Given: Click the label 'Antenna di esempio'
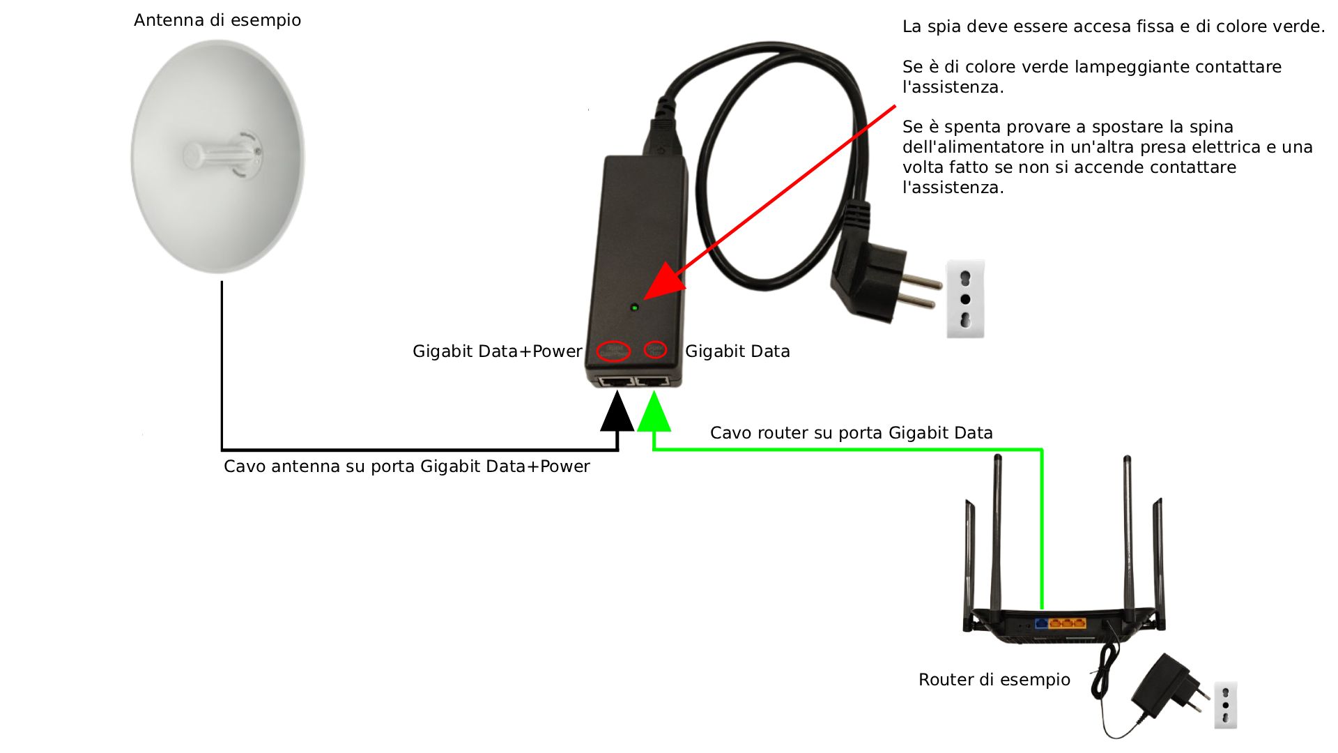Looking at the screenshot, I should (x=217, y=20).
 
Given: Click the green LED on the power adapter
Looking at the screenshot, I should (x=634, y=307).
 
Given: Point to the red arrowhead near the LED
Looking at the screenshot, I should (x=662, y=282).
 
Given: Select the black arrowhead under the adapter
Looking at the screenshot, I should (x=617, y=413).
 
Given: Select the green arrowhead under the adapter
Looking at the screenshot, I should (x=654, y=413).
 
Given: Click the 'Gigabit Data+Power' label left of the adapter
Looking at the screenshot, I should (x=497, y=351).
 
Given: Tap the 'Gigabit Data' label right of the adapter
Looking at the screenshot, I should (x=737, y=351).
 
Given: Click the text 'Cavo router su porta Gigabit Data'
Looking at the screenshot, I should (x=851, y=433).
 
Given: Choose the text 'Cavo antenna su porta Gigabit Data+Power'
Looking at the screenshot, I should (x=406, y=466).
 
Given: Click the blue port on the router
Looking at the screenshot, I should (x=1042, y=623).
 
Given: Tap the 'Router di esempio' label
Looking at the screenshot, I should (x=994, y=680).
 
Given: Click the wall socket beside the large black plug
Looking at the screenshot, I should (x=965, y=299).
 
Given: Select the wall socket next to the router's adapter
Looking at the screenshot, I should (x=1225, y=705).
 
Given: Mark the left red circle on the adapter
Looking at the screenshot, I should (x=615, y=350).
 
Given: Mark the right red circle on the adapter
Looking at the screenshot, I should (x=654, y=349).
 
